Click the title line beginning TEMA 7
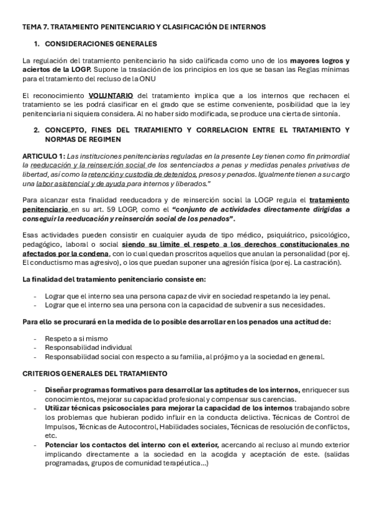coord(143,27)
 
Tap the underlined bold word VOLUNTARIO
coord(111,96)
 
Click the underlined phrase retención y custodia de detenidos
coord(143,175)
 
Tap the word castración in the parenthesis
coord(322,262)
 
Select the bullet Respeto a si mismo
coord(76,339)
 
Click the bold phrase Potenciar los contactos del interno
coord(131,445)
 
